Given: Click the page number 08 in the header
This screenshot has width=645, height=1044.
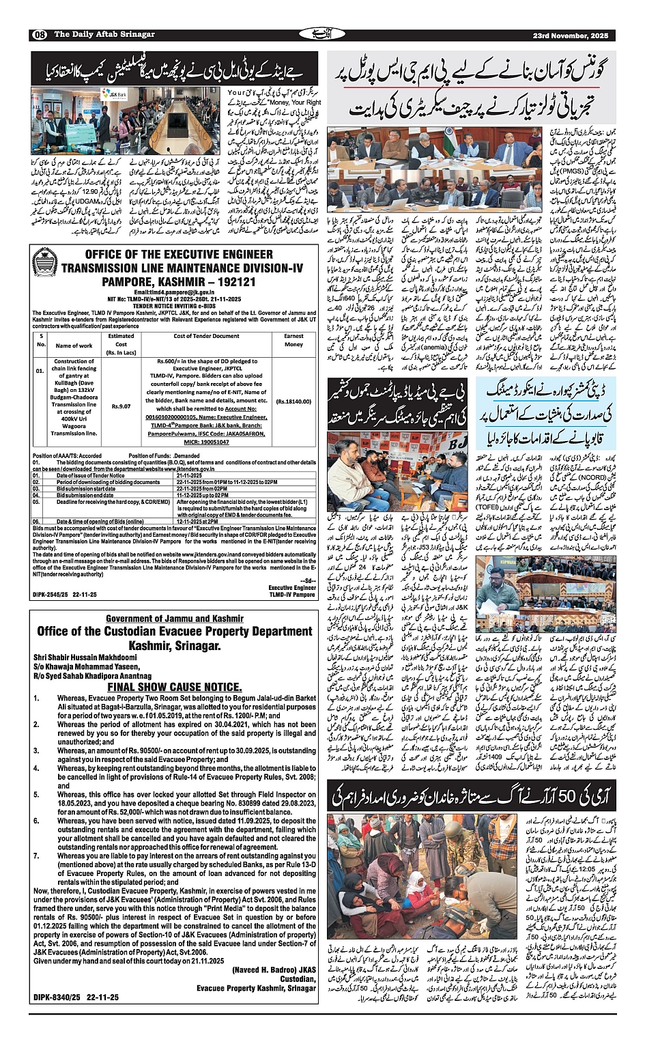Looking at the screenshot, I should coord(39,35).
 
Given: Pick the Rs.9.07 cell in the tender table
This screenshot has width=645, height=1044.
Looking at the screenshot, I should coord(121,406).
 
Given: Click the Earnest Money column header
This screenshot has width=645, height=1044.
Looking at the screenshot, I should coord(293,340).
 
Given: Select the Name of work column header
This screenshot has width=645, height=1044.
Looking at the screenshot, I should coord(74,345).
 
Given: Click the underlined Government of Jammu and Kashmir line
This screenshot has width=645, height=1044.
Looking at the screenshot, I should coord(175,619).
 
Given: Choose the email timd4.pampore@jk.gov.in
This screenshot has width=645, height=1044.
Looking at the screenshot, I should coord(173,292).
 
